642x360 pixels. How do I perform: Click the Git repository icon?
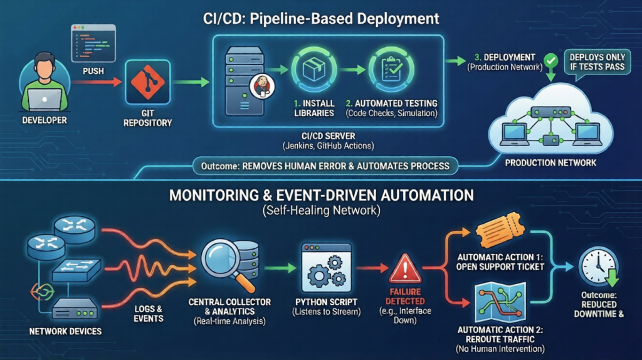click(x=148, y=82)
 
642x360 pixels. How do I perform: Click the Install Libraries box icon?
click(x=313, y=68)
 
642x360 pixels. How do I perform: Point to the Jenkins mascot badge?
click(x=260, y=87)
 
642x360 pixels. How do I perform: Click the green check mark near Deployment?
click(x=550, y=61)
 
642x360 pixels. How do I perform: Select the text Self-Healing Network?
click(x=321, y=211)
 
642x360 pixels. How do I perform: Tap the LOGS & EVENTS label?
click(x=148, y=314)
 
